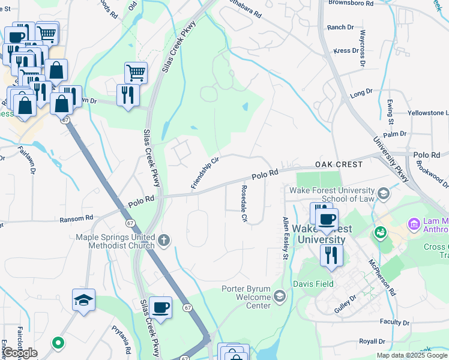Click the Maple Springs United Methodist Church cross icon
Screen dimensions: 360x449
click(164, 241)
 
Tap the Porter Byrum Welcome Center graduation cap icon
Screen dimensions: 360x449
click(280, 296)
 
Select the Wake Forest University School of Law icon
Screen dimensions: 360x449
click(384, 194)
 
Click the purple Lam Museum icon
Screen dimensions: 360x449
click(414, 224)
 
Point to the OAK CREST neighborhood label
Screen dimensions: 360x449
click(339, 164)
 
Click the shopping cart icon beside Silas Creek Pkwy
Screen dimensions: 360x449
click(136, 73)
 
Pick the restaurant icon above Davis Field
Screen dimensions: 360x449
click(331, 255)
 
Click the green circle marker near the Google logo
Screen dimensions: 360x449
click(58, 343)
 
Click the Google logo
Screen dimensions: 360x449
click(20, 353)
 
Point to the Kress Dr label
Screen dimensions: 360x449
click(346, 51)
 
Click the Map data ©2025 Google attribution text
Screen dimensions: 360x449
click(412, 355)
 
